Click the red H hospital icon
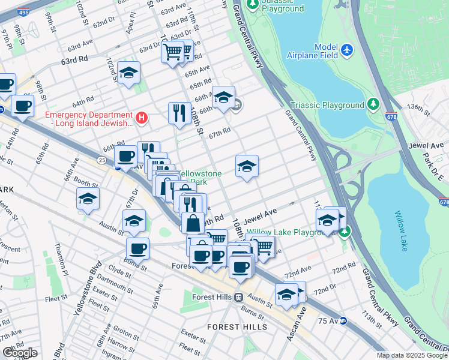click(142, 118)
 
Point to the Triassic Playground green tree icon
click(373, 105)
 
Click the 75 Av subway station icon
click(343, 321)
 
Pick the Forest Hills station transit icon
click(238, 297)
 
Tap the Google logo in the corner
click(20, 353)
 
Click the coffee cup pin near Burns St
click(137, 248)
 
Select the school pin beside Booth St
click(88, 199)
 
